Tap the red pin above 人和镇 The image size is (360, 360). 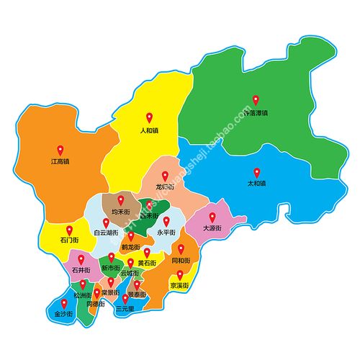[x=149, y=117]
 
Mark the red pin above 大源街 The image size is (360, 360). [x=212, y=216]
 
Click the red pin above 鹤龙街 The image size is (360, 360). [x=130, y=235]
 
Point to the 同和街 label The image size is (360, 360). [x=181, y=260]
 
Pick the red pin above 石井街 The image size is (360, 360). [x=81, y=259]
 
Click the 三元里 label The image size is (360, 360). [x=125, y=307]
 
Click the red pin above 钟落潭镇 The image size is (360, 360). [x=254, y=101]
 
